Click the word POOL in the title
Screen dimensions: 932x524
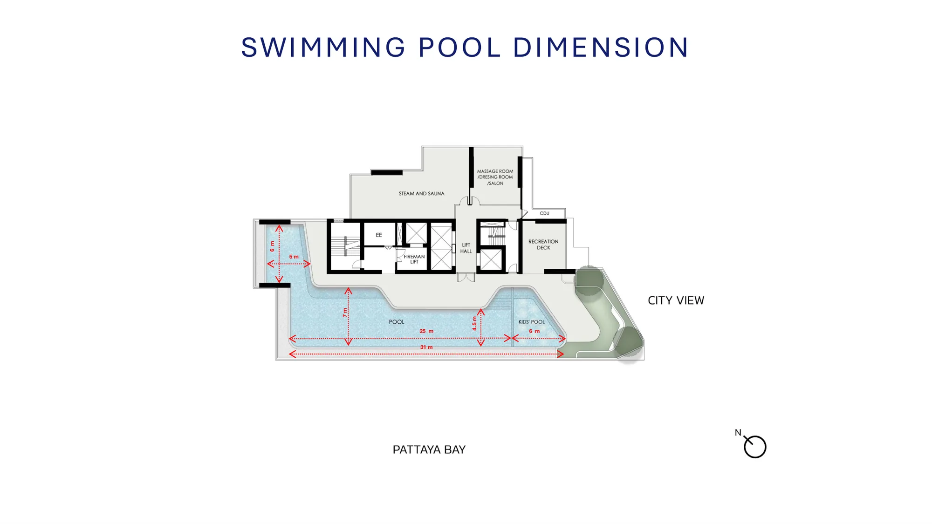(459, 47)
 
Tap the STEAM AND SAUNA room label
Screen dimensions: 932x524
(421, 194)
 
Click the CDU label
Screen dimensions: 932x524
(544, 213)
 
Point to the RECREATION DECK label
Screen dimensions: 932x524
(543, 245)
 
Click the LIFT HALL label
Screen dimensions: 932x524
(466, 248)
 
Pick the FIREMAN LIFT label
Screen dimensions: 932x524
(414, 259)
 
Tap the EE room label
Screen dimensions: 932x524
(379, 235)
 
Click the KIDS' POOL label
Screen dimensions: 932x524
(531, 322)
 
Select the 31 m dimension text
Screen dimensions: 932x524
(426, 347)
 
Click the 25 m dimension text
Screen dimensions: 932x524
(426, 331)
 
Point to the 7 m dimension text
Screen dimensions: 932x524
(345, 313)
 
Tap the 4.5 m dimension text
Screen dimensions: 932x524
(474, 323)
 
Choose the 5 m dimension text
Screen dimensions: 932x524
(294, 257)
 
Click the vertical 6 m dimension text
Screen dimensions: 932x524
(272, 246)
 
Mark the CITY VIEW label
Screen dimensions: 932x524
(676, 300)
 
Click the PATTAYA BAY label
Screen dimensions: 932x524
(429, 449)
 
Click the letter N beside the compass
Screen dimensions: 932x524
(738, 433)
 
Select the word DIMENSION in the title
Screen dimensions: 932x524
(601, 47)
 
